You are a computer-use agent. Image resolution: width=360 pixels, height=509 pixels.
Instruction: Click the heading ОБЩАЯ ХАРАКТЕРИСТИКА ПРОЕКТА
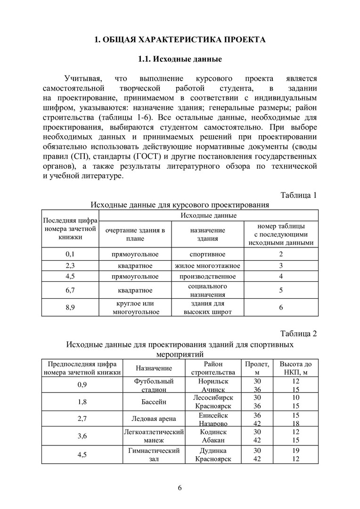click(180, 40)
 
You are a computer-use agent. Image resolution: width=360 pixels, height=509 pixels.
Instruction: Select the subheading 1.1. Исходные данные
click(180, 60)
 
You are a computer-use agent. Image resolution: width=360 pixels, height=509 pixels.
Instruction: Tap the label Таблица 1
click(299, 195)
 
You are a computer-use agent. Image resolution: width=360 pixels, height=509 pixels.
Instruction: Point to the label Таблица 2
click(299, 334)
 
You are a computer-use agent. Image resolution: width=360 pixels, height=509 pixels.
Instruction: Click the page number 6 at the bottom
click(180, 487)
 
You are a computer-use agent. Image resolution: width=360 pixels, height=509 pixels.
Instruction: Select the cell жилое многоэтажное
click(207, 266)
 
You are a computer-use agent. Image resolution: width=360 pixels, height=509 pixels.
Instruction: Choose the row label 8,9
click(71, 308)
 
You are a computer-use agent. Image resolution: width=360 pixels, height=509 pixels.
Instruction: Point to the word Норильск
click(213, 381)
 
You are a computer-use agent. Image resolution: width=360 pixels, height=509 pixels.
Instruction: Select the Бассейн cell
click(154, 402)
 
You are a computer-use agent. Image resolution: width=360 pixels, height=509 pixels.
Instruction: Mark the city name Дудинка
click(213, 451)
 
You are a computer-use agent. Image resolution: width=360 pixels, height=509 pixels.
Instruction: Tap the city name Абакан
click(213, 440)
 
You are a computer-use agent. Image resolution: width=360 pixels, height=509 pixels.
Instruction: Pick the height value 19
click(295, 451)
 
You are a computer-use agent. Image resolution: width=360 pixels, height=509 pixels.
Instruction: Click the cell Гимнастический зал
click(154, 455)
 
